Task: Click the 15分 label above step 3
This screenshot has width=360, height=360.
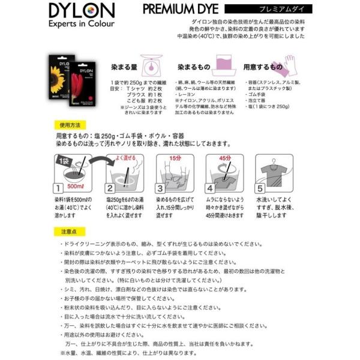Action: tap(177, 158)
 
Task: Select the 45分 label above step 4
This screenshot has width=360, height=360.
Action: tap(227, 158)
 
